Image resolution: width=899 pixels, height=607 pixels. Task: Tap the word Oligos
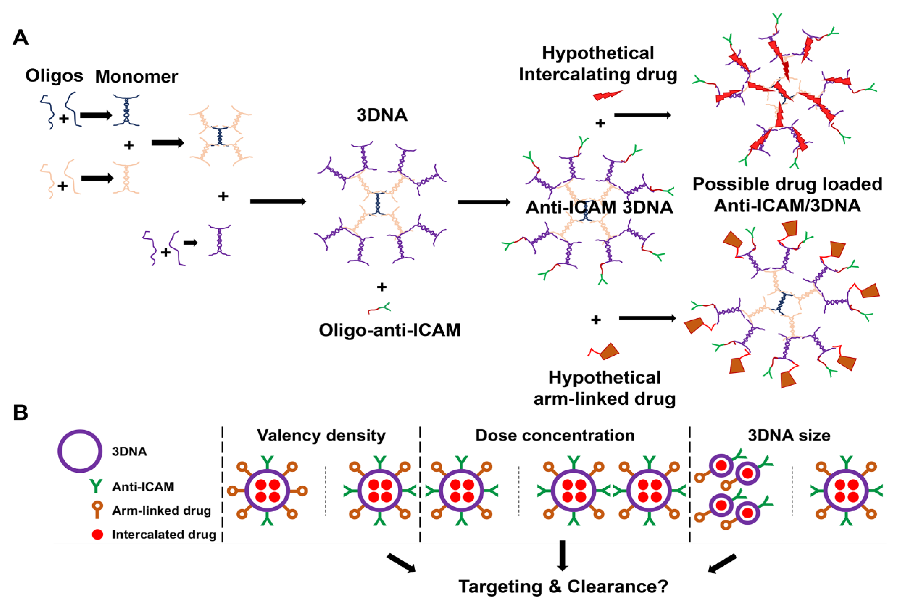[x=54, y=76]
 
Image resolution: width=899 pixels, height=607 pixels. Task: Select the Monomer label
[x=137, y=77]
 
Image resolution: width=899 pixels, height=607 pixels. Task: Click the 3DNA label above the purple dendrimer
[x=382, y=115]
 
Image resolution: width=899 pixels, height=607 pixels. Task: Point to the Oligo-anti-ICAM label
[x=390, y=330]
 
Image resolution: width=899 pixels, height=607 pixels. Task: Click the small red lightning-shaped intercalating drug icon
[x=607, y=95]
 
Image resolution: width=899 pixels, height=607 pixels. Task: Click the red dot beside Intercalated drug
[x=97, y=534]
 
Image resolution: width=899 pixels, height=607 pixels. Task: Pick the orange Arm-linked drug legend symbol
[x=97, y=510]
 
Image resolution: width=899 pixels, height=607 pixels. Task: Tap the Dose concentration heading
[x=555, y=435]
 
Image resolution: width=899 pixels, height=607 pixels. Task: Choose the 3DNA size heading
[x=789, y=435]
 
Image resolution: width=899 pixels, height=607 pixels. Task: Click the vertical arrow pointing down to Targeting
[x=562, y=555]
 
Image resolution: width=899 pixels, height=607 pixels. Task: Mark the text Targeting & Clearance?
[x=563, y=586]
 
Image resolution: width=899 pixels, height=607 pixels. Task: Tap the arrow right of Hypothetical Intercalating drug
[x=642, y=115]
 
